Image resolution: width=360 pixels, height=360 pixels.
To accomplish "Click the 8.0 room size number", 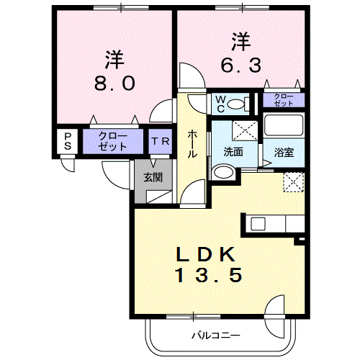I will click(x=114, y=83).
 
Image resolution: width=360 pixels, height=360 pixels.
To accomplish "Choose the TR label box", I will click(x=160, y=141).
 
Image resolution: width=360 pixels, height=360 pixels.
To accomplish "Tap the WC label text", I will click(x=218, y=104).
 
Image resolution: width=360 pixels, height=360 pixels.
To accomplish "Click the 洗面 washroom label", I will click(x=232, y=153).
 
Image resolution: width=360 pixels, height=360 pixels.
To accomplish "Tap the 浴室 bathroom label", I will click(x=283, y=153).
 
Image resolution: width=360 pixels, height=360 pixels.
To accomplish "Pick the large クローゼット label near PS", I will click(x=112, y=141).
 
